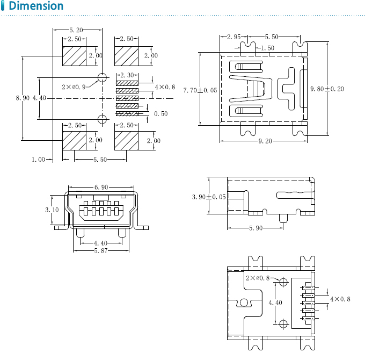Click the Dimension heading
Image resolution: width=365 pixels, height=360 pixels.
[36, 6]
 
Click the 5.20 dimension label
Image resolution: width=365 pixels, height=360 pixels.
[76, 30]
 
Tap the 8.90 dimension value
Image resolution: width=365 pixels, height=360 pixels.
[23, 98]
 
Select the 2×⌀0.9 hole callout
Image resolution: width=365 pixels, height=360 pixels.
[74, 87]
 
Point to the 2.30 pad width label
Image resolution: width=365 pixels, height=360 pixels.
[127, 75]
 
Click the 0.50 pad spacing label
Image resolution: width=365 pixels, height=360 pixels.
[161, 114]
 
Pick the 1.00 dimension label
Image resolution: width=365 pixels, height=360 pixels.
[39, 160]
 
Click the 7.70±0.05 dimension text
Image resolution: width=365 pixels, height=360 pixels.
[200, 90]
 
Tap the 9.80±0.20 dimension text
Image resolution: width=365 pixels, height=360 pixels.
[327, 89]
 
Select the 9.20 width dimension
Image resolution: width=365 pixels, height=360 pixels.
[265, 141]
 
